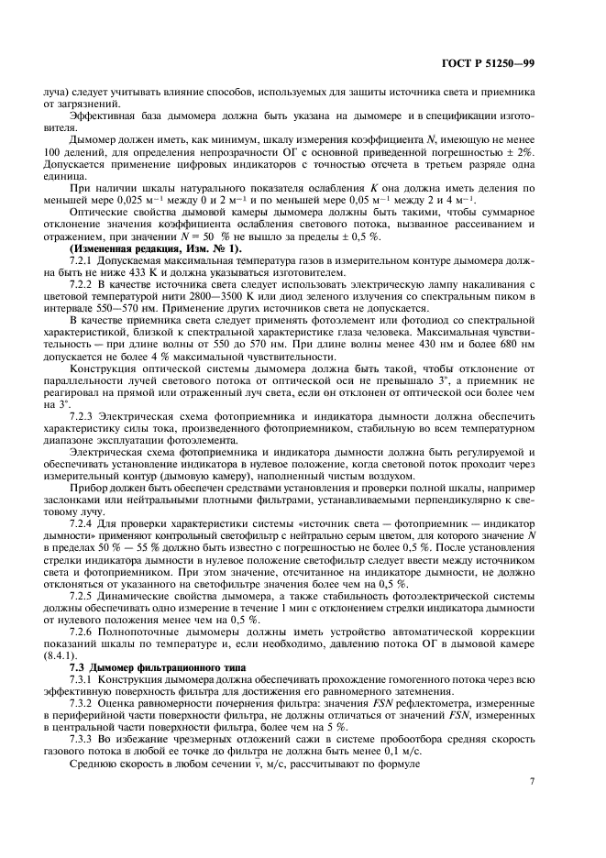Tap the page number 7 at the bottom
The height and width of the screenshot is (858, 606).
558,807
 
